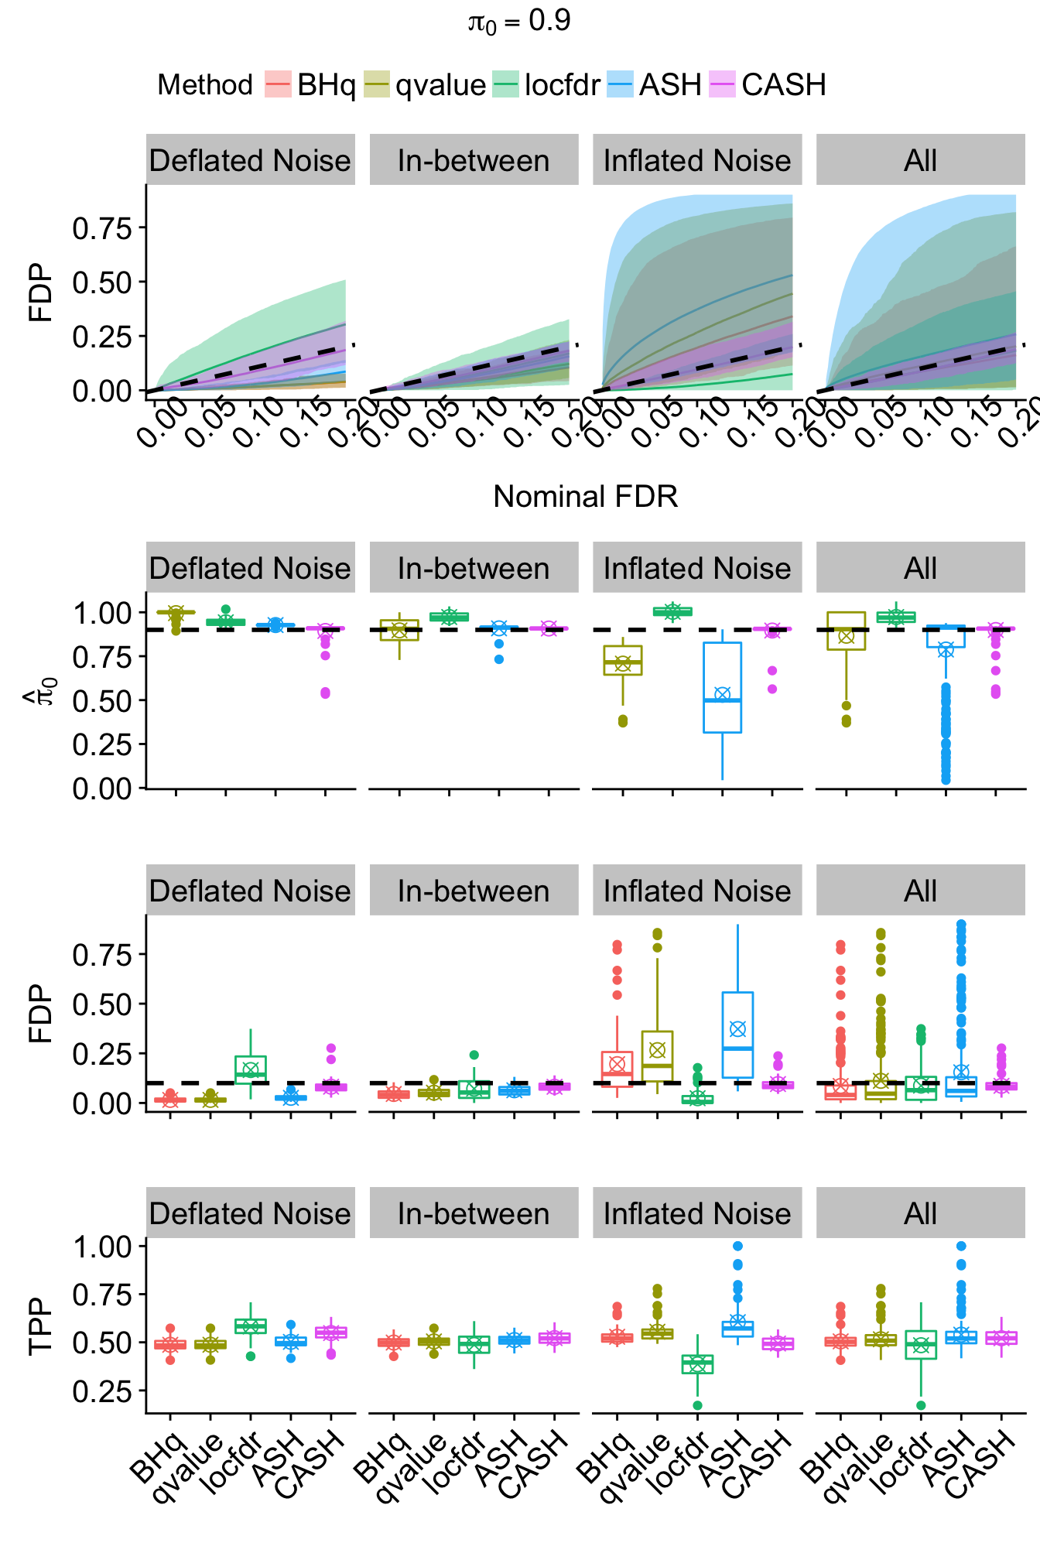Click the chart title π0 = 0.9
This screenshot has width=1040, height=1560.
(519, 22)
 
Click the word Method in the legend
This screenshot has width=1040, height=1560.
(205, 84)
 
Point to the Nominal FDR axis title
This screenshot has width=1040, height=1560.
(586, 497)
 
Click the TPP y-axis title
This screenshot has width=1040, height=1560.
(40, 1326)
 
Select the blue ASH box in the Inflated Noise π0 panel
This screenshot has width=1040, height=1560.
(722, 687)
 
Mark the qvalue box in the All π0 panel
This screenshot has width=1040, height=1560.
(846, 631)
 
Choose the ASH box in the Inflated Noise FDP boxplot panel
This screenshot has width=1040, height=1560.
(737, 1035)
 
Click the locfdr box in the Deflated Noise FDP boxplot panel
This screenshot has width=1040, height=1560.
(251, 1069)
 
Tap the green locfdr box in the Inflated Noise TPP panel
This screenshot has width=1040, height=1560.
(697, 1363)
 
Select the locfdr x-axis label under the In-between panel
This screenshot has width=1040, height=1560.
(457, 1463)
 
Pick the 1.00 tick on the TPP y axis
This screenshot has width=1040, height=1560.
(102, 1247)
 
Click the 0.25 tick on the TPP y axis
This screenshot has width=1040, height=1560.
(102, 1391)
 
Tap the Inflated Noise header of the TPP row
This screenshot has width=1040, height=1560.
(697, 1214)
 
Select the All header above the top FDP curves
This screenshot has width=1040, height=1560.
(920, 160)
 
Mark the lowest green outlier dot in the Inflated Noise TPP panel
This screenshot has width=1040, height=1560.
(697, 1405)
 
